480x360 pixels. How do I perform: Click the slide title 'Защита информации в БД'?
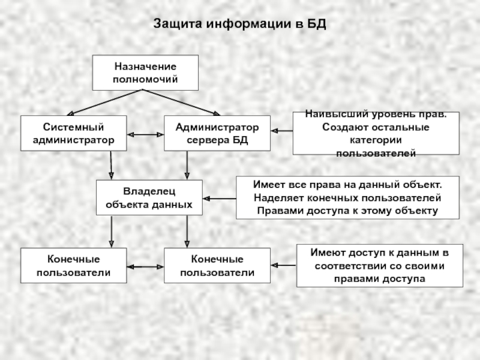(239, 25)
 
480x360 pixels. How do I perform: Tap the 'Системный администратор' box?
(74, 133)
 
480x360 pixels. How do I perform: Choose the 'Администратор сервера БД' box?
(217, 133)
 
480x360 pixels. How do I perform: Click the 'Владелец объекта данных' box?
(149, 197)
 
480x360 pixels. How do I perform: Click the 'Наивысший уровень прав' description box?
(376, 133)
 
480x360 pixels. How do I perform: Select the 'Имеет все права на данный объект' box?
(347, 197)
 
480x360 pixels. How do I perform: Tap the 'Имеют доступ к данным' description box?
(379, 265)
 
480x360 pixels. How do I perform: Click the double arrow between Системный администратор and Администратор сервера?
(146, 134)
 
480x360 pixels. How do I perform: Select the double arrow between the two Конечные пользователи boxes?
(145, 266)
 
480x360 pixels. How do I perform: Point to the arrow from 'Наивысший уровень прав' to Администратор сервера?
(281, 130)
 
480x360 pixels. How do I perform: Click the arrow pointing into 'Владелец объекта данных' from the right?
(219, 198)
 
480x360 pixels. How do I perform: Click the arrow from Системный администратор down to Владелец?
(111, 165)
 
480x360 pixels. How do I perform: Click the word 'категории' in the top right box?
(375, 143)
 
